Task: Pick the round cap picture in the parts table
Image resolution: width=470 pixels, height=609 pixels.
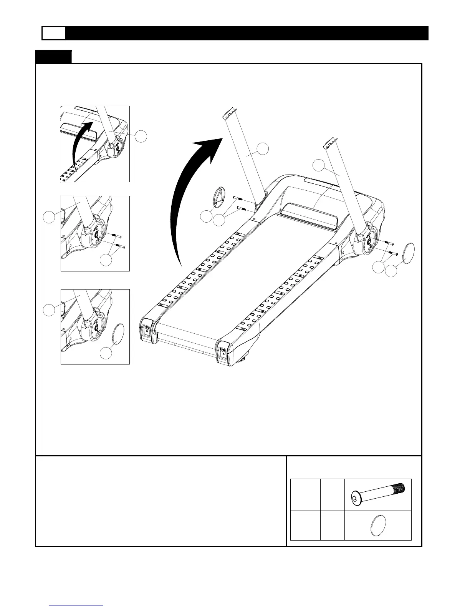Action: point(377,526)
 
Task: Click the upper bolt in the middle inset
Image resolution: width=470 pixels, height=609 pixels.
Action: point(116,235)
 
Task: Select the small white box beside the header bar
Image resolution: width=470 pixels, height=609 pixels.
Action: point(53,33)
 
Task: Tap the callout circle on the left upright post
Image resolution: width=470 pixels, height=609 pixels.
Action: point(263,148)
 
